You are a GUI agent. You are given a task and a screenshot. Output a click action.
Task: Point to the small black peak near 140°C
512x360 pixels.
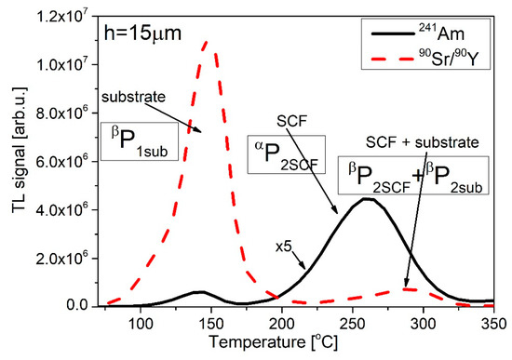[199, 291]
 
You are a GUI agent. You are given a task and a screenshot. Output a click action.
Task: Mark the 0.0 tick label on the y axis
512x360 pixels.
[58, 306]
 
